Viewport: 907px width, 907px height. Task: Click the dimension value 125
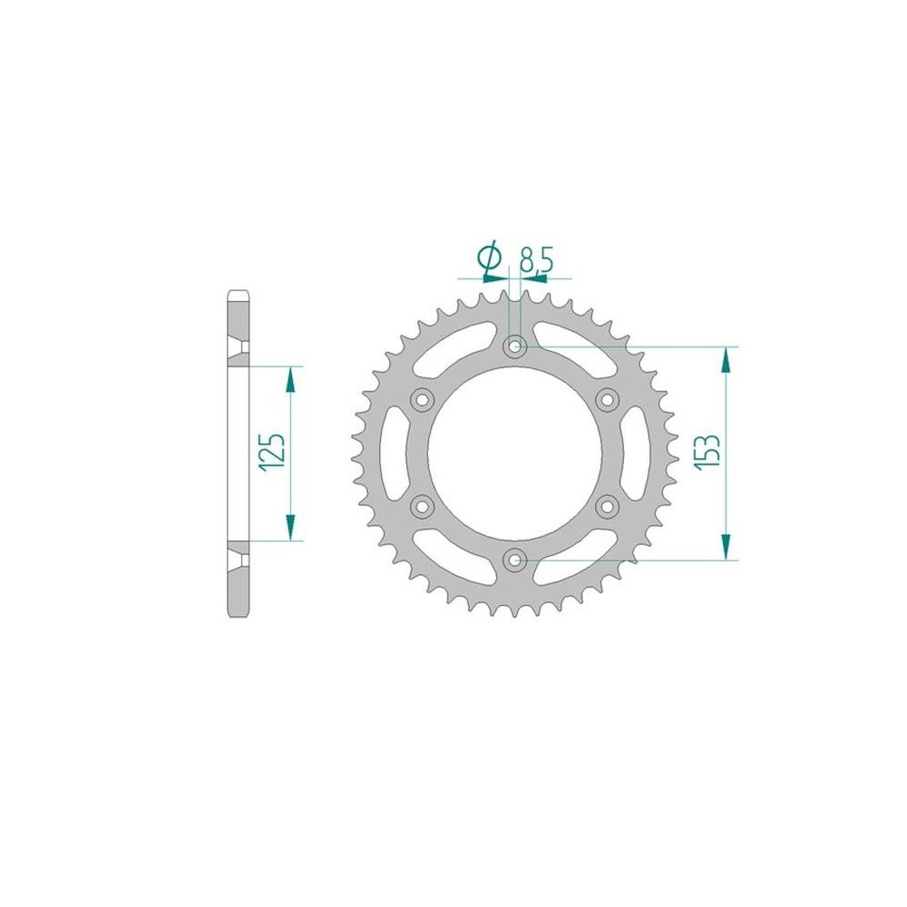[x=272, y=452]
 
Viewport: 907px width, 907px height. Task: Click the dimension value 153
[x=708, y=451]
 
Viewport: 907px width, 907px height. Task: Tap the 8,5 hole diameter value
[x=536, y=259]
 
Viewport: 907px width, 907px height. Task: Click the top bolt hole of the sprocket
[x=514, y=347]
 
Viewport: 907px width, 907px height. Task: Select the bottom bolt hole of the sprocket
[x=514, y=560]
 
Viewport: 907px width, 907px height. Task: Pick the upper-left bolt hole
[x=422, y=400]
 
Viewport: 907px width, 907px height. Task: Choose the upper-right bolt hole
[x=607, y=400]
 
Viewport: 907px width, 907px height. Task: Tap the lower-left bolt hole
[x=422, y=507]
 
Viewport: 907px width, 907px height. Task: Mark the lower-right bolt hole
[x=607, y=507]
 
